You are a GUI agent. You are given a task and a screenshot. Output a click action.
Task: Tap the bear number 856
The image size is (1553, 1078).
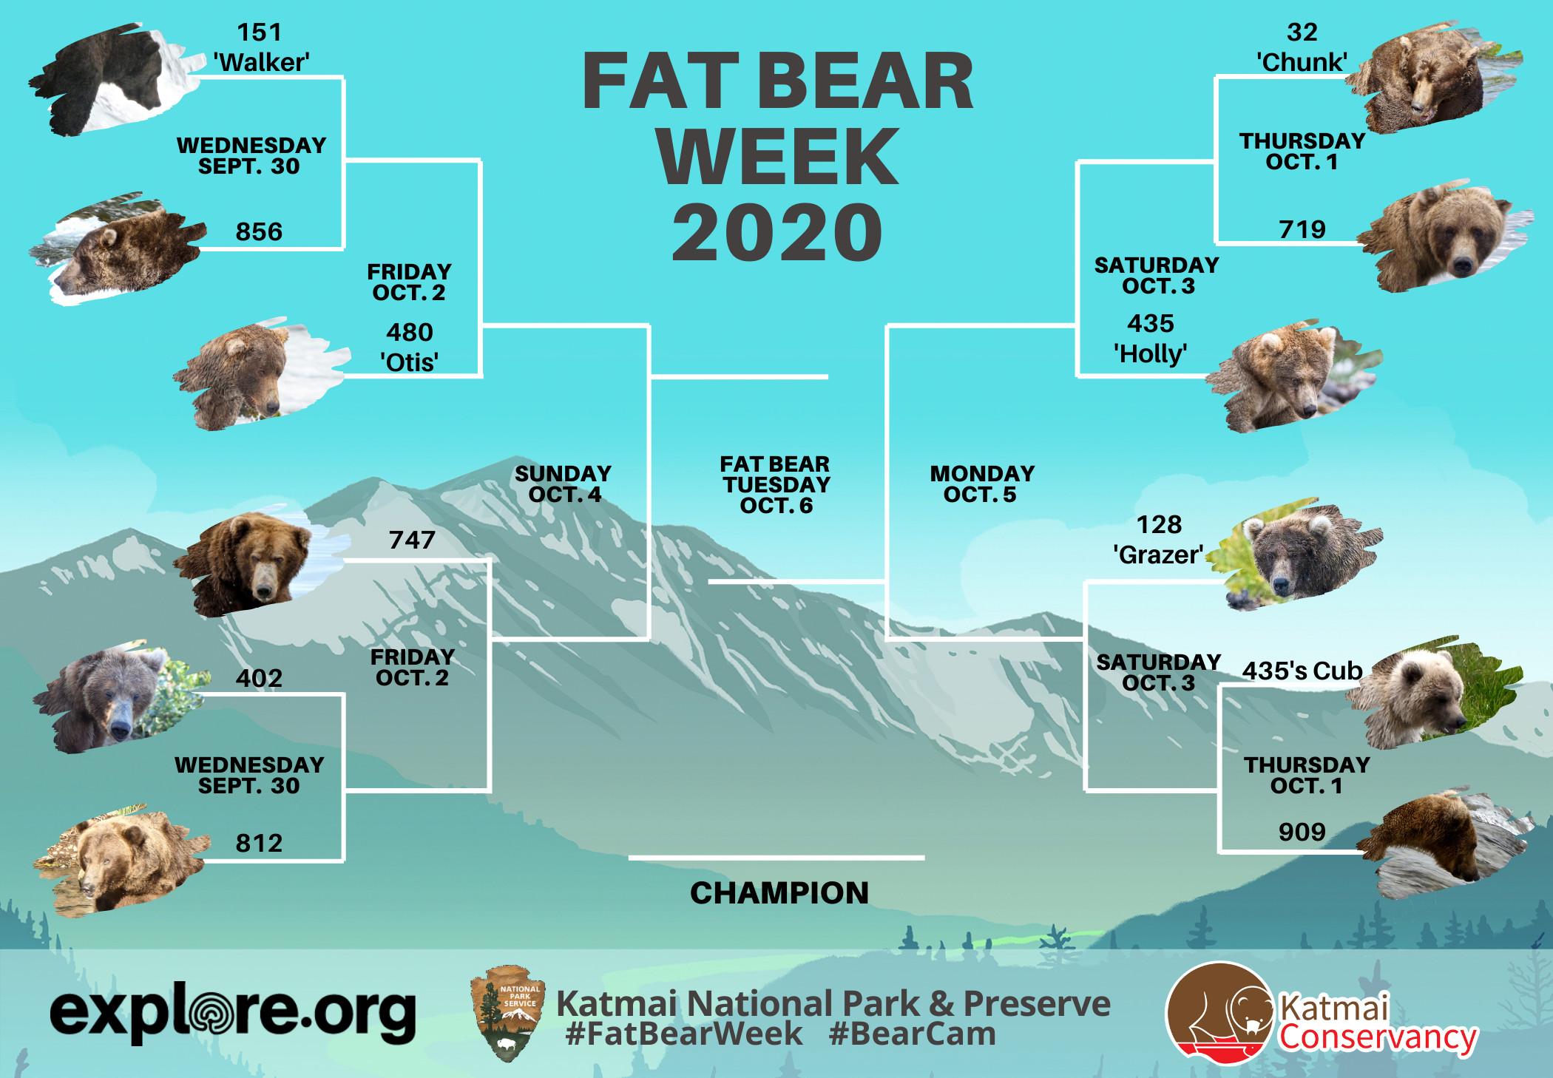(x=260, y=232)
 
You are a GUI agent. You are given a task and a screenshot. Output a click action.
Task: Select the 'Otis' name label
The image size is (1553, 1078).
(x=410, y=363)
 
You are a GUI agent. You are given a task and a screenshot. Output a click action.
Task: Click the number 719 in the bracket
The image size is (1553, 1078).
(x=1302, y=229)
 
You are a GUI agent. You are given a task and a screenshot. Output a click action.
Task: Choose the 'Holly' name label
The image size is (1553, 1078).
(x=1151, y=354)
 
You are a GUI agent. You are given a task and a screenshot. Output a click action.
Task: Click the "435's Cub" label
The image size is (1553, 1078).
(x=1302, y=671)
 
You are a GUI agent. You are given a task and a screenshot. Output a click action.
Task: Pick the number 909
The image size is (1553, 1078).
(x=1302, y=833)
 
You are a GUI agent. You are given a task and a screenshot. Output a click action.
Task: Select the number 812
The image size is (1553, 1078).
(x=259, y=843)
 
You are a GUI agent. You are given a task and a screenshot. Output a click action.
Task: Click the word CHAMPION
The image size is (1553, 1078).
(x=779, y=893)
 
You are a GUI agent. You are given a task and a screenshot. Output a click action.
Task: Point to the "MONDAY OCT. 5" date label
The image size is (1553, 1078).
(x=981, y=484)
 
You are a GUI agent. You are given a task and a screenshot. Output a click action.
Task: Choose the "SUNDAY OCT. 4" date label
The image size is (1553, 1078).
(x=564, y=484)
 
